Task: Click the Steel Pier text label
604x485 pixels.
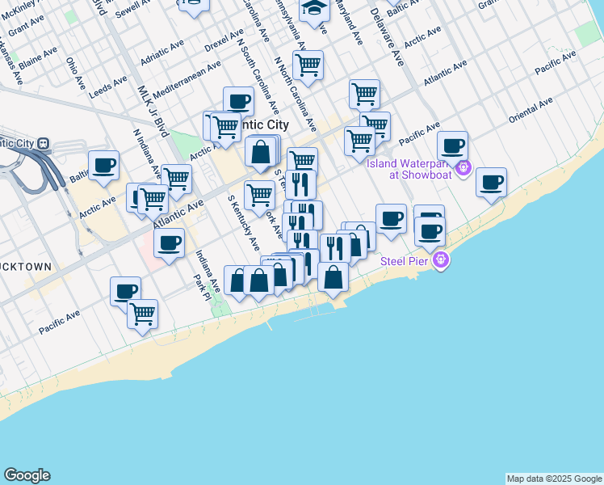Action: tap(406, 260)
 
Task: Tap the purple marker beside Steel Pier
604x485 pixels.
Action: tap(440, 260)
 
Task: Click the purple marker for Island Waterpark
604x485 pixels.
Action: tap(463, 168)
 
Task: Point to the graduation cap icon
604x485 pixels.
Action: tap(314, 11)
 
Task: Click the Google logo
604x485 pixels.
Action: tap(27, 475)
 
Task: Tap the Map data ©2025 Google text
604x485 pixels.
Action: tap(554, 479)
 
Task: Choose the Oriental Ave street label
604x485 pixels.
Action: tap(531, 111)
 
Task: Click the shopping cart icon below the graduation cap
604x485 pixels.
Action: tap(308, 64)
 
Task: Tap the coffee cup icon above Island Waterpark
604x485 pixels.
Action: tap(453, 145)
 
